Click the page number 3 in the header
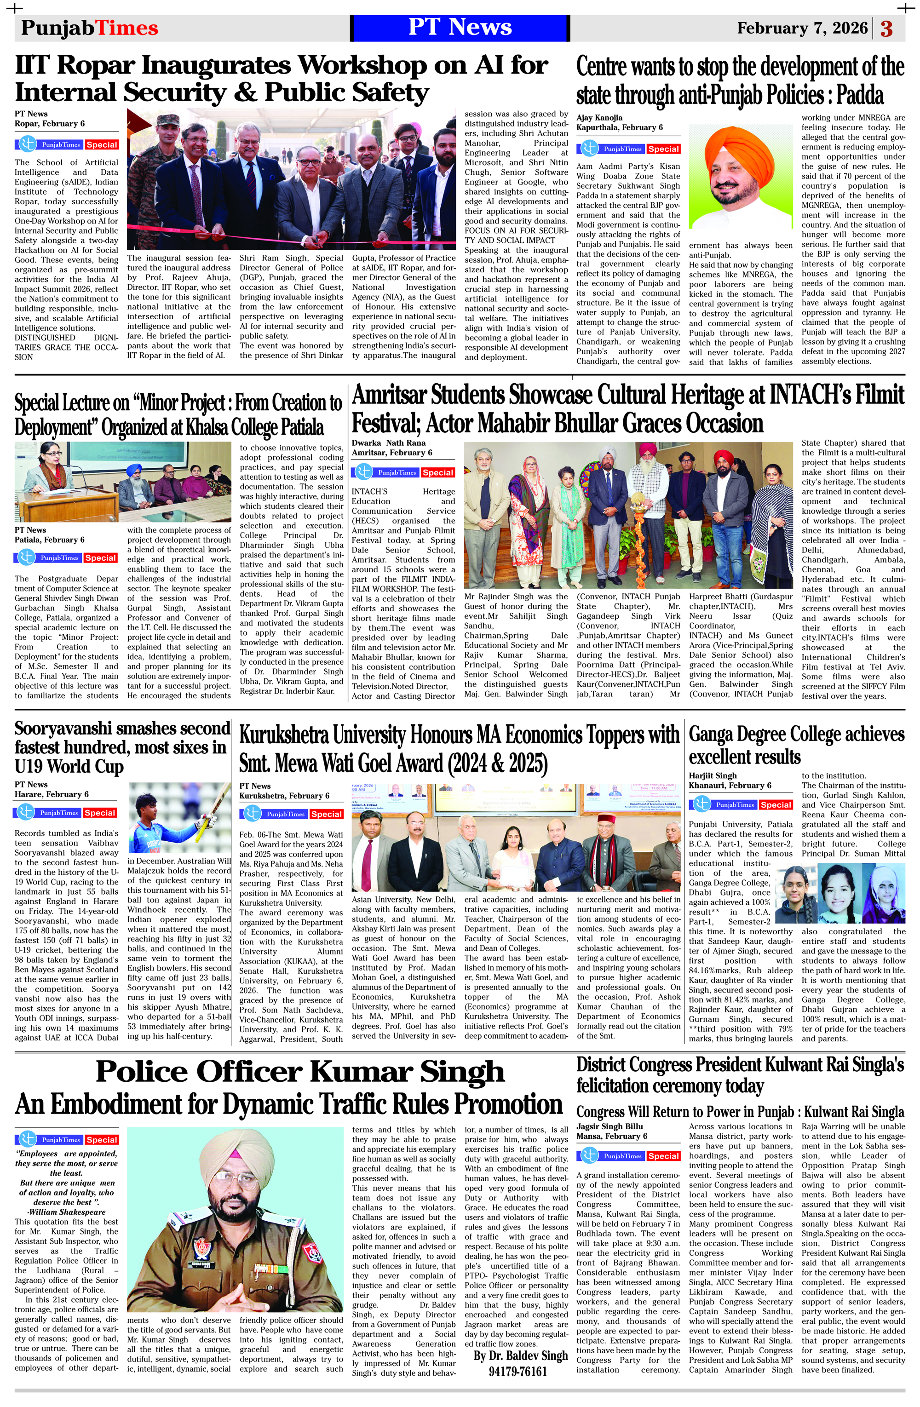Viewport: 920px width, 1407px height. click(x=886, y=29)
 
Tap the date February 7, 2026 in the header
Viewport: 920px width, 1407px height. click(x=802, y=29)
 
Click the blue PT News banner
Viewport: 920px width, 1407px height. click(x=460, y=28)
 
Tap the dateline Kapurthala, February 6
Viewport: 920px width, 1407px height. click(x=619, y=128)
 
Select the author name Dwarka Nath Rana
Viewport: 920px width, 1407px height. click(x=388, y=443)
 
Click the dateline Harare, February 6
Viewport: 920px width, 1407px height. click(x=52, y=794)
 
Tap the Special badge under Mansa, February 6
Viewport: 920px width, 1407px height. click(x=663, y=1156)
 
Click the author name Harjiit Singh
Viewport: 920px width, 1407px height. click(x=713, y=775)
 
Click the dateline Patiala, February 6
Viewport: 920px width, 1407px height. click(x=49, y=540)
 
